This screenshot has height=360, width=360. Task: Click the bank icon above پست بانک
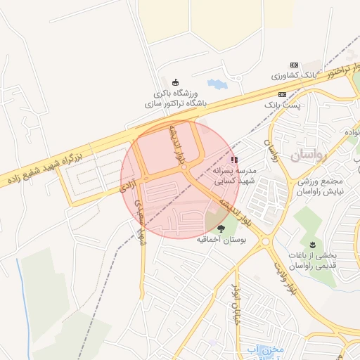coord(282,94)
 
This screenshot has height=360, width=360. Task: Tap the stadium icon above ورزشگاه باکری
coord(175,82)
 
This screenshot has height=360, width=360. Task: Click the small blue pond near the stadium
coord(217,84)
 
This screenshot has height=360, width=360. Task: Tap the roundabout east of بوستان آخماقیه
coord(266,242)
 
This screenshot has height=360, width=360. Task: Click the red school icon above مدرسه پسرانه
coord(234,160)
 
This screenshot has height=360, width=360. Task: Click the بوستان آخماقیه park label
coord(220,240)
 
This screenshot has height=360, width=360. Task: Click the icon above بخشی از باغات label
coord(313,244)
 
